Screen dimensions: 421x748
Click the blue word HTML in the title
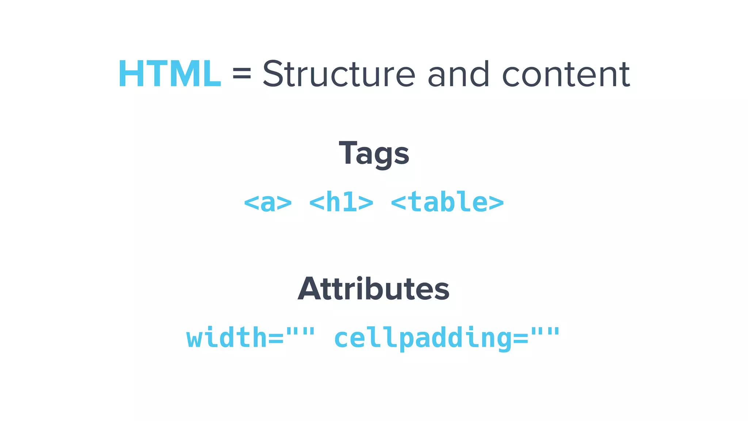[170, 74]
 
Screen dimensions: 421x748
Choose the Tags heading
[374, 153]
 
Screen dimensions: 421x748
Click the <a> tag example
[268, 202]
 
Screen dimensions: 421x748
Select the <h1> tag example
[341, 202]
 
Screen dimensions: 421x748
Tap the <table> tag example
[447, 202]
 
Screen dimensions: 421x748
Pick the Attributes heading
[374, 289]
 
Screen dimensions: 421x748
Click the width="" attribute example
[251, 337]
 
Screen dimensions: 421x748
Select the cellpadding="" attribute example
[447, 337]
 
